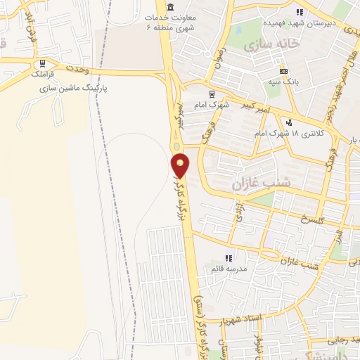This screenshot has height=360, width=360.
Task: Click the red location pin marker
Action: pos(181,164)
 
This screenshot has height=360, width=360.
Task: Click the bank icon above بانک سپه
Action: pos(283,72)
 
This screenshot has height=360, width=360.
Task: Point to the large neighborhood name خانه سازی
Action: pos(272,44)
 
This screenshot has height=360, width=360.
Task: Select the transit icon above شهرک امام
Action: pos(210,93)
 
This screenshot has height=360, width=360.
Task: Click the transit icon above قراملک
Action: pos(44,62)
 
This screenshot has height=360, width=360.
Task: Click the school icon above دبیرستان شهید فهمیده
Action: pos(300,12)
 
